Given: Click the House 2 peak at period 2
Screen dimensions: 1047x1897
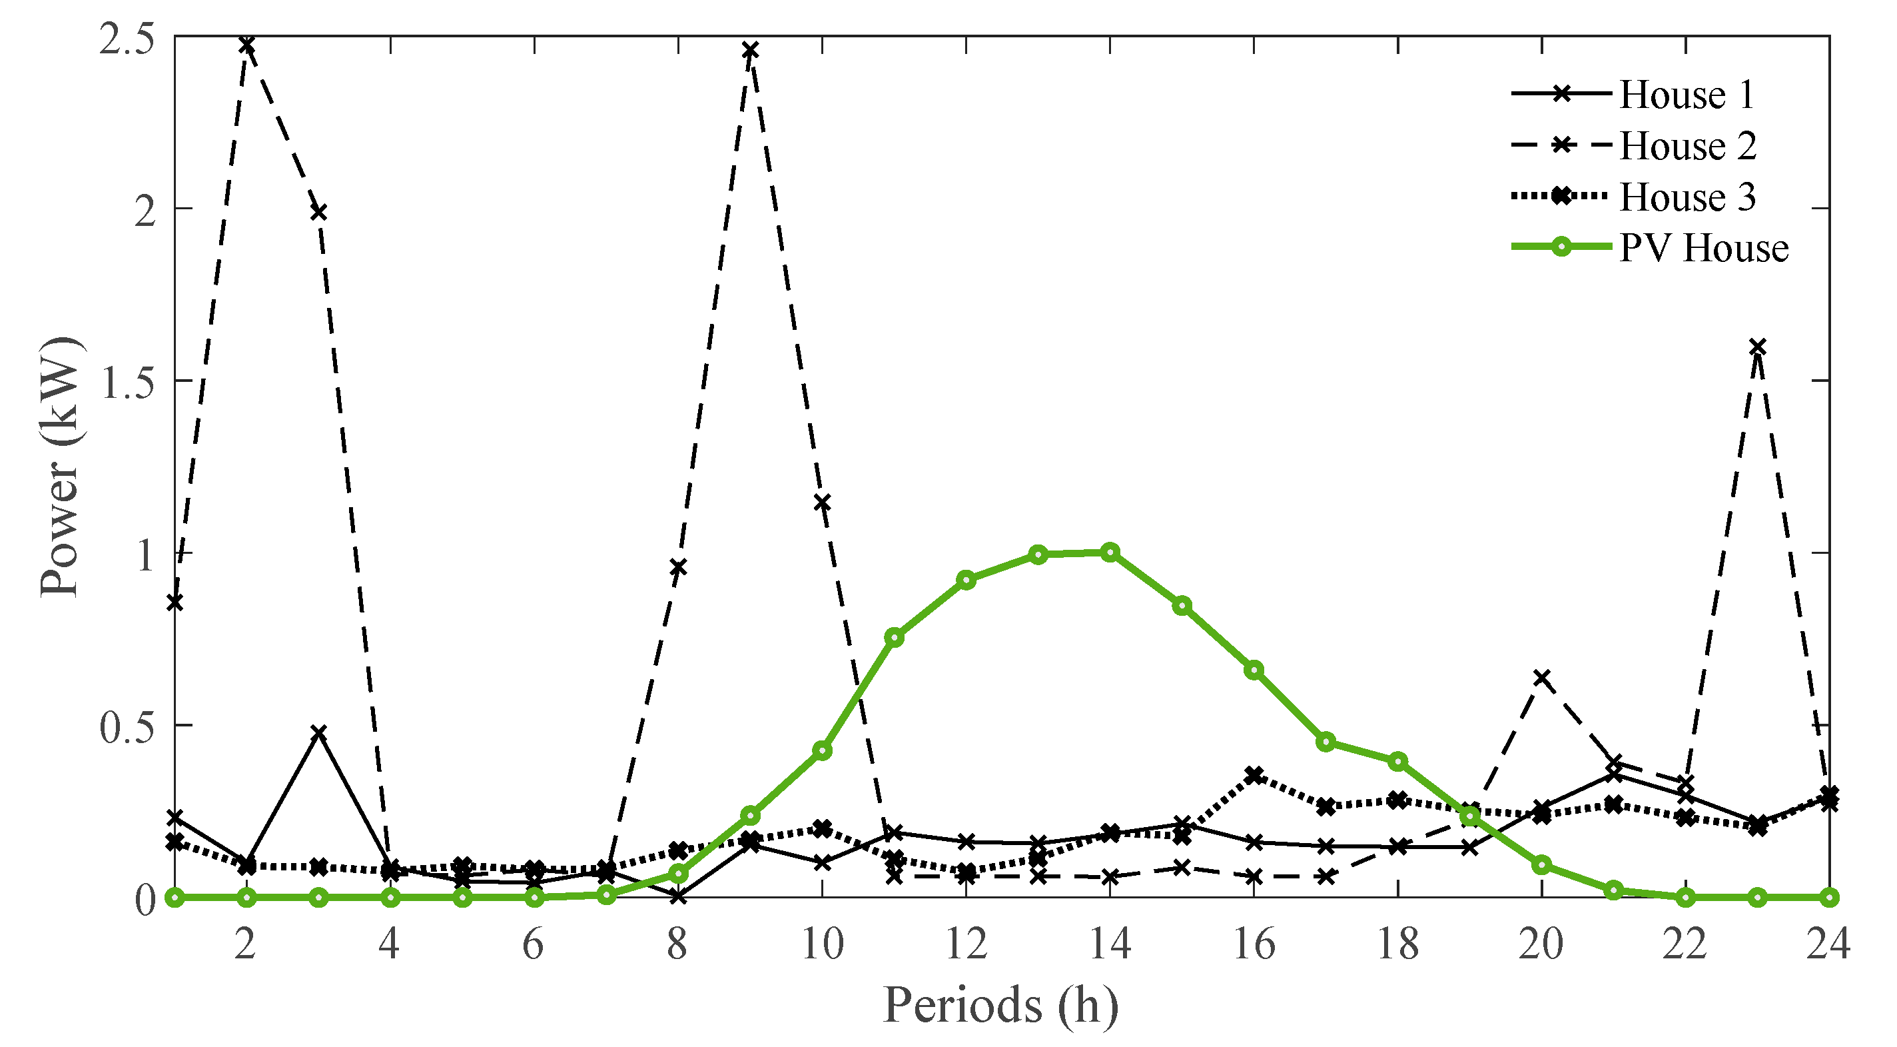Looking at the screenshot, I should (246, 45).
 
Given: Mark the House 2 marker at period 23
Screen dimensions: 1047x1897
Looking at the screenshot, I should (1758, 347).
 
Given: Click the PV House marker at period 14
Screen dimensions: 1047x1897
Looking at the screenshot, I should (1110, 552).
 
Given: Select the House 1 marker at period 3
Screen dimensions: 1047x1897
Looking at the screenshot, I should (318, 732).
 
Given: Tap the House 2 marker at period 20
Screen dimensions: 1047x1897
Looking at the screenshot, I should (1542, 677).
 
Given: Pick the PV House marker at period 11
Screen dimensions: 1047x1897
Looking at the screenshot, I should (895, 638).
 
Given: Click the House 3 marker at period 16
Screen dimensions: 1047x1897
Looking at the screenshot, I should (1254, 775).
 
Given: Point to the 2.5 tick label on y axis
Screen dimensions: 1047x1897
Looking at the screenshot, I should (127, 38).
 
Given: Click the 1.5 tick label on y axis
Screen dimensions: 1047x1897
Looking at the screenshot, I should (127, 383).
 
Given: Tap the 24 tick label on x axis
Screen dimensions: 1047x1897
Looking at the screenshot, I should (1828, 944).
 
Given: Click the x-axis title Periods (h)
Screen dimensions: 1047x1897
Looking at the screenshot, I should (1000, 1005).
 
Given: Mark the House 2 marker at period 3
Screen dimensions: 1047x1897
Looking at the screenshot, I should (318, 212).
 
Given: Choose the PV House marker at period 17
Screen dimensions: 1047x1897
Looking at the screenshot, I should (1326, 741).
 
